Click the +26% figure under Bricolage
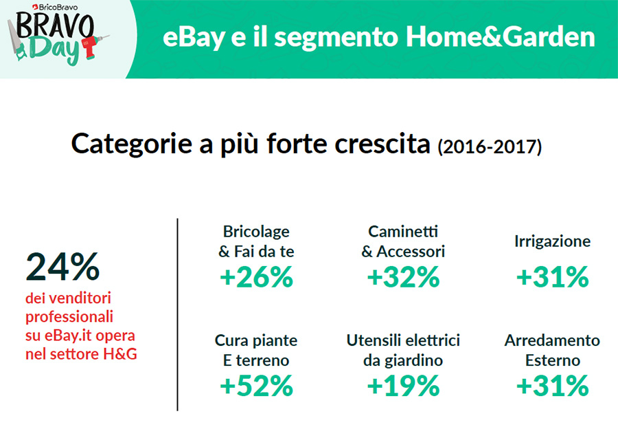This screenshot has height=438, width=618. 257,277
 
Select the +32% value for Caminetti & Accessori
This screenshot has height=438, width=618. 403,277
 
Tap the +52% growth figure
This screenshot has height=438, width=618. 257,386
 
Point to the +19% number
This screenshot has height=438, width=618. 403,386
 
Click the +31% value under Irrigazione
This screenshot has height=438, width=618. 553,277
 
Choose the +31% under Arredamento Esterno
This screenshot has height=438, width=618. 553,386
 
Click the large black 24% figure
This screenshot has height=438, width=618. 62,267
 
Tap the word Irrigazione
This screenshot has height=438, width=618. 553,241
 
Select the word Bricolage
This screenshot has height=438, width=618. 256,232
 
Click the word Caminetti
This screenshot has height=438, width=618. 403,232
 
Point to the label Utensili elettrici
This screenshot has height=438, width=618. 403,340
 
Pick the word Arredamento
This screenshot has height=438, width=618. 552,340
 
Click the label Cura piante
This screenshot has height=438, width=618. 256,340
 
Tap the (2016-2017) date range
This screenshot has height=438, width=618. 490,146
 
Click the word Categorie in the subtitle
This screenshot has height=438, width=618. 132,144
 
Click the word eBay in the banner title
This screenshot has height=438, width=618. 194,39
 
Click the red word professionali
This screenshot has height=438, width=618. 69,316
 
